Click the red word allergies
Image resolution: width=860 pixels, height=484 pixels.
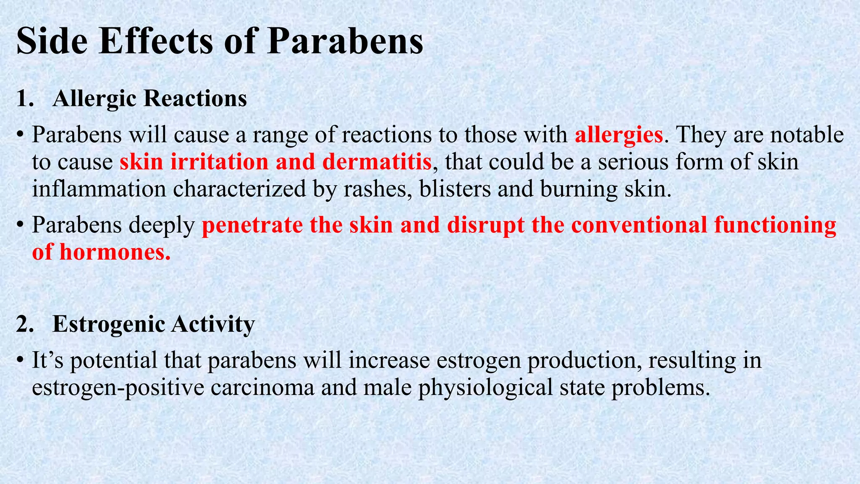pos(618,135)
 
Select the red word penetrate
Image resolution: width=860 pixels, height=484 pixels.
pos(252,225)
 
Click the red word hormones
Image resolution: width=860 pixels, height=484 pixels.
pos(115,253)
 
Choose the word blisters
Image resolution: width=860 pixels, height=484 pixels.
pos(455,189)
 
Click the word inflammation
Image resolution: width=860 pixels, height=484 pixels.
pos(99,189)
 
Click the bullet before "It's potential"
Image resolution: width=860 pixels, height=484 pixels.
pos(20,361)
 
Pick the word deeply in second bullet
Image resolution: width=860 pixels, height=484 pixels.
pos(161,226)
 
